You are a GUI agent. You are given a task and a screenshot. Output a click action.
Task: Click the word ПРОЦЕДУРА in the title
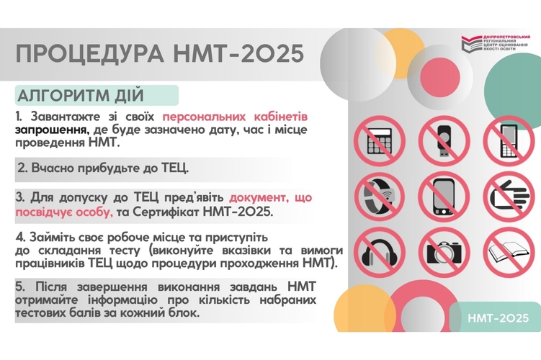click(x=90, y=54)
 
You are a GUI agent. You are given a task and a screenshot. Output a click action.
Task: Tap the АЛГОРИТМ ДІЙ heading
click(x=81, y=96)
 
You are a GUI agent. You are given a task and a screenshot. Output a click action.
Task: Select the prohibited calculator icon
click(x=379, y=141)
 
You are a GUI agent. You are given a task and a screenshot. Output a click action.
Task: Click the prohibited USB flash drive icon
click(x=444, y=141)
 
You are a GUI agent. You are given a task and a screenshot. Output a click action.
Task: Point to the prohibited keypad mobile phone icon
click(x=509, y=141)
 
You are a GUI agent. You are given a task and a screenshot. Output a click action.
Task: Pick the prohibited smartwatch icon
click(x=379, y=197)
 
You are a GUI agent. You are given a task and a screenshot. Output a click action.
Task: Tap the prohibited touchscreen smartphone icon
click(x=444, y=197)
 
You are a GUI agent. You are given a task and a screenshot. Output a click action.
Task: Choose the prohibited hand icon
click(x=509, y=197)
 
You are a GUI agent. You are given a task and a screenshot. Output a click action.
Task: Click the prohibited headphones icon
click(x=379, y=253)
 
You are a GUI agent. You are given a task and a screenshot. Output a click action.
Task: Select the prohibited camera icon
click(x=444, y=253)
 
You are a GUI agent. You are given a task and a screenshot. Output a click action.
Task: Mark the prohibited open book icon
click(x=509, y=253)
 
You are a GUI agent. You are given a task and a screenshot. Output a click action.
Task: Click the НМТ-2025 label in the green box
click(x=498, y=318)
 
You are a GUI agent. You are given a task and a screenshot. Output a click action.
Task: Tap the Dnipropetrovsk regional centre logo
click(x=496, y=43)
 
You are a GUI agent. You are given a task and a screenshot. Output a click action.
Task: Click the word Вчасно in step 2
click(x=52, y=168)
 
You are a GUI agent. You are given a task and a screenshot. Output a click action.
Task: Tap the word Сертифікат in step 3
click(x=166, y=212)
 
